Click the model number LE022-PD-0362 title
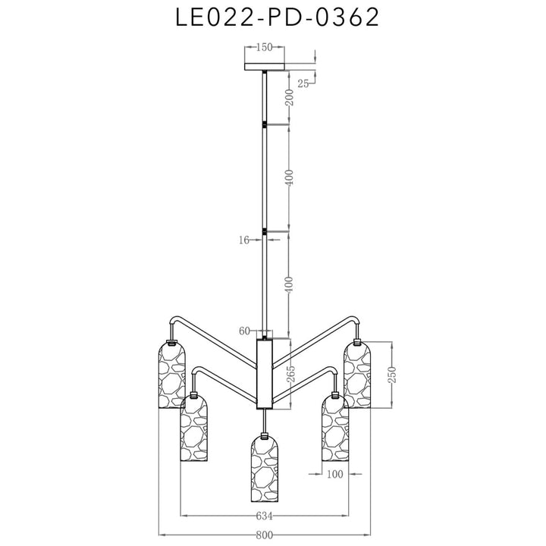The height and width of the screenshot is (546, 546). point(277,17)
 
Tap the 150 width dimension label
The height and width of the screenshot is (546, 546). point(265,47)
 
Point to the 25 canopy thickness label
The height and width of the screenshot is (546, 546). point(303,83)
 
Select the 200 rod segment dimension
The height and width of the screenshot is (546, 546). point(290,97)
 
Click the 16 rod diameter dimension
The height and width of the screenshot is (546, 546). point(244,240)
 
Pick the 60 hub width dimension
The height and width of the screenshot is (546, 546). point(244,331)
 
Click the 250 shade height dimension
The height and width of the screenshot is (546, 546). point(393,375)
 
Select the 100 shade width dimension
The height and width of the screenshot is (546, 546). point(335,474)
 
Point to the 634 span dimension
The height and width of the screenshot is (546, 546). point(264,516)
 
